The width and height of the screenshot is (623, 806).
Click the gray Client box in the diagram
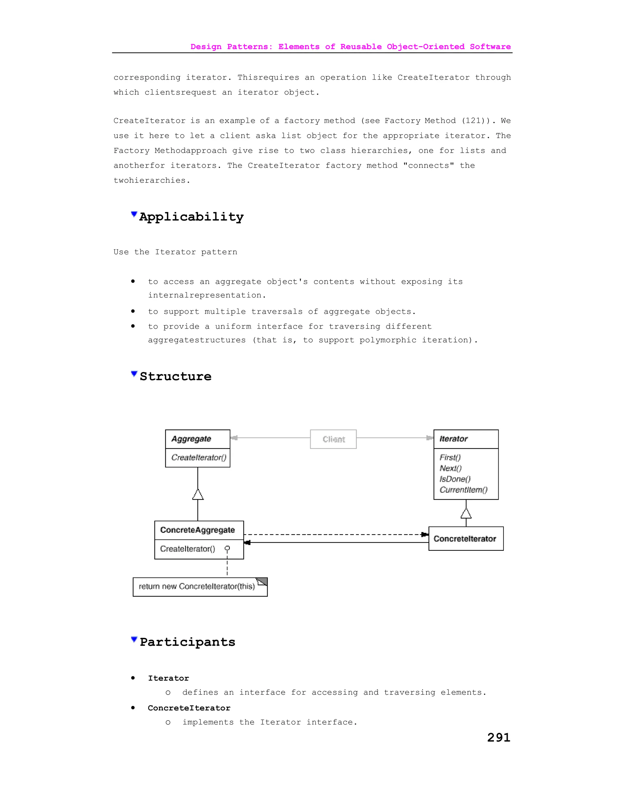tap(333, 439)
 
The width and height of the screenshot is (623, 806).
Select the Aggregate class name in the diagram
tap(191, 439)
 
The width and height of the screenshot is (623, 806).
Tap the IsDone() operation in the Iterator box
tap(455, 479)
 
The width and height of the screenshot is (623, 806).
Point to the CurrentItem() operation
tap(463, 490)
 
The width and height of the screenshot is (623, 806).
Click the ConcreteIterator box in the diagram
tap(465, 539)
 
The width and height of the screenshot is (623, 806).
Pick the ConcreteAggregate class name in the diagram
tap(197, 530)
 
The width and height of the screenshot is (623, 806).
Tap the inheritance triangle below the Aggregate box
tap(198, 495)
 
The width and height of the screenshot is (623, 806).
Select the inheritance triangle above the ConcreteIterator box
tap(466, 513)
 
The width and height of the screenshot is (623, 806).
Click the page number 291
tap(499, 737)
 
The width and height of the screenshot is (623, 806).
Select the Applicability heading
tap(191, 217)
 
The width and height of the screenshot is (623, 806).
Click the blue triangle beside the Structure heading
tap(134, 374)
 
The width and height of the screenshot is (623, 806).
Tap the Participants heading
tap(187, 642)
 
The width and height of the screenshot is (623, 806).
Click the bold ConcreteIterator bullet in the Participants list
tap(189, 708)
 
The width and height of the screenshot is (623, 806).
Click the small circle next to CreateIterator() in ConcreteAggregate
tap(227, 548)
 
